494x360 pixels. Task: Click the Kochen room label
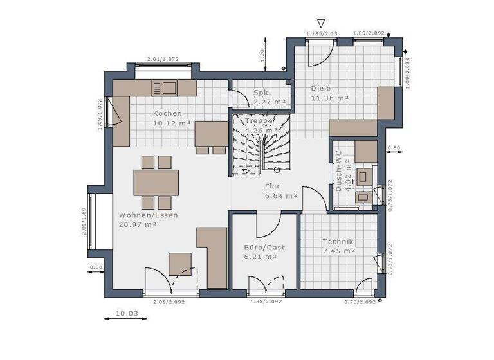click(x=163, y=114)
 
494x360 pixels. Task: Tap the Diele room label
click(x=321, y=88)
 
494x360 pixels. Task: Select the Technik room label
click(x=338, y=242)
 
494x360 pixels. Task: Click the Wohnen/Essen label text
click(x=148, y=215)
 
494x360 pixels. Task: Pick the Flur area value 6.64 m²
click(x=281, y=195)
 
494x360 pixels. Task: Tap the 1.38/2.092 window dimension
click(x=264, y=301)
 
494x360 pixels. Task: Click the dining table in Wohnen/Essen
click(x=156, y=182)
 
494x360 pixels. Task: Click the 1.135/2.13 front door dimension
click(x=322, y=33)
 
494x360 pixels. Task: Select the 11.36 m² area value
click(x=329, y=98)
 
